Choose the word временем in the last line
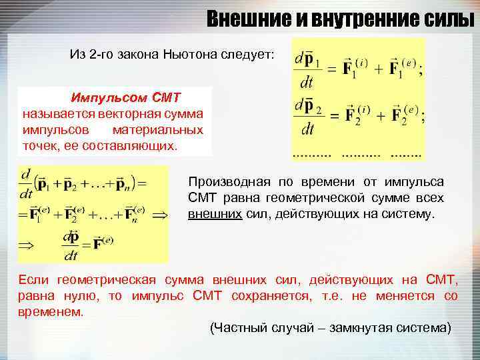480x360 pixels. (51, 311)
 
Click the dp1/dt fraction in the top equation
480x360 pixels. (306, 69)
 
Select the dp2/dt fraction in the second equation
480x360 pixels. (306, 117)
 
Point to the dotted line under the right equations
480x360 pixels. (357, 153)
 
